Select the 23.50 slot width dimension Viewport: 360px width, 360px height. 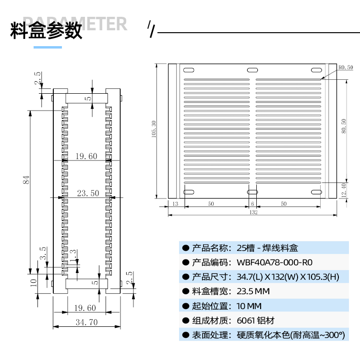tap(88, 193)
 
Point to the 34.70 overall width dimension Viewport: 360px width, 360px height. tap(87, 322)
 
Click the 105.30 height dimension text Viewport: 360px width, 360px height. tap(154, 129)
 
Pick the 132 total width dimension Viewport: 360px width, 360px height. tap(253, 211)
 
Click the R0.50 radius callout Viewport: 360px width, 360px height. tap(345, 68)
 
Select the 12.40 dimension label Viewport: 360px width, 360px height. tap(343, 191)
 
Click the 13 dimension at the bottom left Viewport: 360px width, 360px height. tap(174, 204)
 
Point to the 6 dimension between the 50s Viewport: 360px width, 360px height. tap(252, 204)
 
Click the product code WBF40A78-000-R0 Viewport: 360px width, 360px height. tap(275, 262)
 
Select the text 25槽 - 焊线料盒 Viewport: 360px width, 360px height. tap(267, 248)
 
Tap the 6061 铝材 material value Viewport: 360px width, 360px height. tap(256, 321)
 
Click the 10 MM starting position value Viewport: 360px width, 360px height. tap(250, 306)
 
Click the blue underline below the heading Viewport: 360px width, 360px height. tap(48, 47)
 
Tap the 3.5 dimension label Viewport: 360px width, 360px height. tap(43, 253)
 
